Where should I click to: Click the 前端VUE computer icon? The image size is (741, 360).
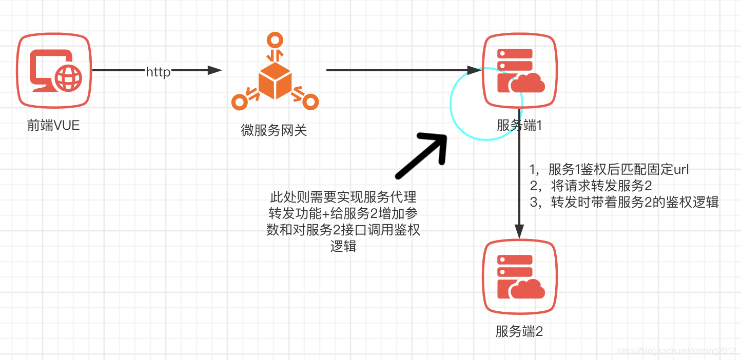coord(54,70)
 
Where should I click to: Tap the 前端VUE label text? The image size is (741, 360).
coord(53,125)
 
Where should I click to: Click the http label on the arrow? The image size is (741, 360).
coord(158,72)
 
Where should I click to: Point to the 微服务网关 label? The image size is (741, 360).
coord(274,130)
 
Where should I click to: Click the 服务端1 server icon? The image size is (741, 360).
coord(520,70)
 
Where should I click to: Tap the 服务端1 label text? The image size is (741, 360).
coord(519,125)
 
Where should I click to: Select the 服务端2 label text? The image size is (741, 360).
coord(519,331)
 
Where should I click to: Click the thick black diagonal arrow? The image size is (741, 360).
coord(421,157)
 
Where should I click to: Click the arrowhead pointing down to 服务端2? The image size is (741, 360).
coord(520,232)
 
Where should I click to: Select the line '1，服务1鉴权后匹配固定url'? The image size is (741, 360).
coord(609,170)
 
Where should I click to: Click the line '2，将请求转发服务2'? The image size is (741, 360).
coord(591,186)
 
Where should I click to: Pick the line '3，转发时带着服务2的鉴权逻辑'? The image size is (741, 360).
coord(624,202)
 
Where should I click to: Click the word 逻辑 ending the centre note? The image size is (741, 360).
coord(343,246)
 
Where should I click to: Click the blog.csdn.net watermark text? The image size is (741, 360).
coord(676,351)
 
